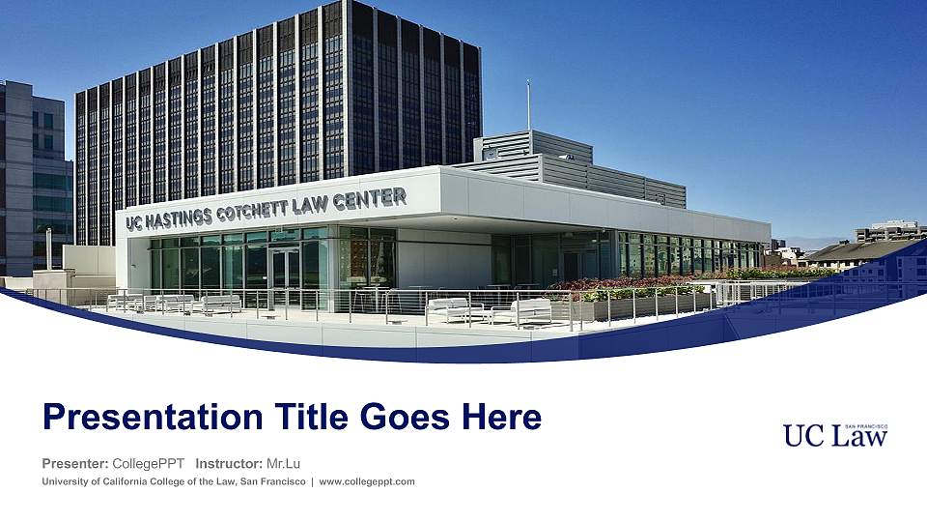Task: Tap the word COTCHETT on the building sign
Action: coord(262,208)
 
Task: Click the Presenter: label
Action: coord(74,465)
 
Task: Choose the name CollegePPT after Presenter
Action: coord(149,465)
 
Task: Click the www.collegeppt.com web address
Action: coord(367,481)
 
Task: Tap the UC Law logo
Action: coord(835,436)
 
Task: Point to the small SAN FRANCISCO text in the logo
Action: coord(865,426)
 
